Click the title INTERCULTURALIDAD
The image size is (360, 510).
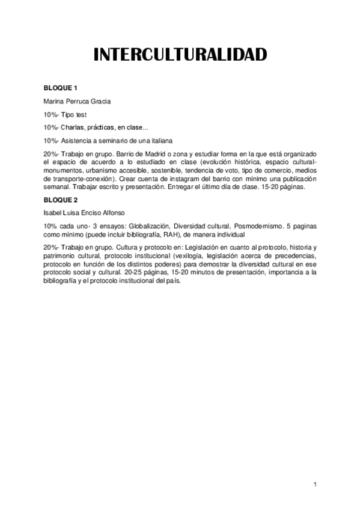click(180, 55)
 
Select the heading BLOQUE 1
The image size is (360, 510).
click(60, 88)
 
